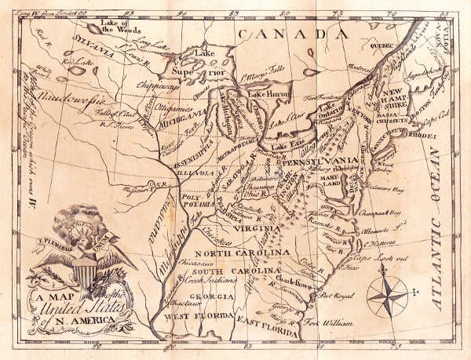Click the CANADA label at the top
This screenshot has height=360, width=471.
tap(294, 35)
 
